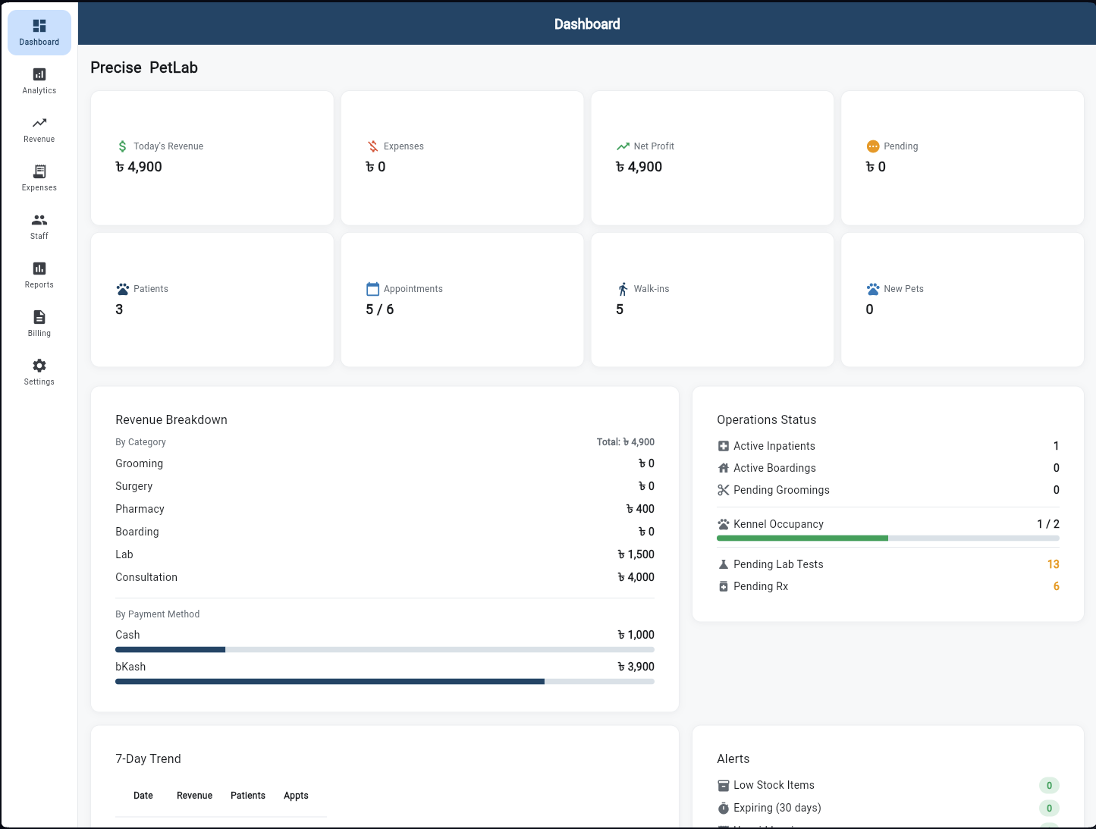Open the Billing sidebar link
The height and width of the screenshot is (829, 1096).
tap(39, 324)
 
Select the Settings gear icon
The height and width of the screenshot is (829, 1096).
tap(39, 366)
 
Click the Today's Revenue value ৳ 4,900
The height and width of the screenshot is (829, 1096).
tap(139, 167)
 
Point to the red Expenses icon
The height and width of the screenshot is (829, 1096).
tap(372, 146)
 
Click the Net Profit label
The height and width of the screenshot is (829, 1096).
tap(653, 146)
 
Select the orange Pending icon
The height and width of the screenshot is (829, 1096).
tap(873, 146)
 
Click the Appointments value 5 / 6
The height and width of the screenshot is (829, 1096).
tap(379, 309)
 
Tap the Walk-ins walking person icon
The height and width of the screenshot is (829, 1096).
tap(623, 289)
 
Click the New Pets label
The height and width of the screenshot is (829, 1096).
tap(903, 289)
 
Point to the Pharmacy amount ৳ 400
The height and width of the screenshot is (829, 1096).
tap(639, 509)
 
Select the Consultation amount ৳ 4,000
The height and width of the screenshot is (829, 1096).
tap(636, 577)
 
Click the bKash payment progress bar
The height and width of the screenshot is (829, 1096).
tap(385, 682)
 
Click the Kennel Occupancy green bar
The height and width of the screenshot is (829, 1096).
tap(802, 539)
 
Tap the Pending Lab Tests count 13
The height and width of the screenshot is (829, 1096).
tap(1053, 564)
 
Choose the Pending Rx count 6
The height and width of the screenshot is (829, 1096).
tap(1056, 586)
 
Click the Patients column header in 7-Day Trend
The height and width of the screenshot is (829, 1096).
tap(248, 796)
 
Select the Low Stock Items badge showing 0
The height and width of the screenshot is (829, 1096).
tap(1049, 786)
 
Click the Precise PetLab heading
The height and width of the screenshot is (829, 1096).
tap(144, 68)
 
